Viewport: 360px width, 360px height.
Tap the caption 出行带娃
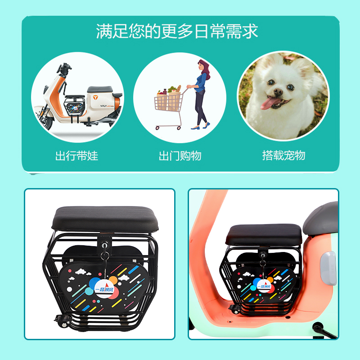76,156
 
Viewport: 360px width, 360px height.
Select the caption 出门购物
180,156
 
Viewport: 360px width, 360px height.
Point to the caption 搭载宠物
283,155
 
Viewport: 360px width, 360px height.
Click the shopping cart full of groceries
169,103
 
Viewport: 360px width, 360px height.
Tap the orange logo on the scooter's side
95,97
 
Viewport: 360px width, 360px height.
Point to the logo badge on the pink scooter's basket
263,284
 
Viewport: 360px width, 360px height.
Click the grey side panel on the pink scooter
327,269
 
